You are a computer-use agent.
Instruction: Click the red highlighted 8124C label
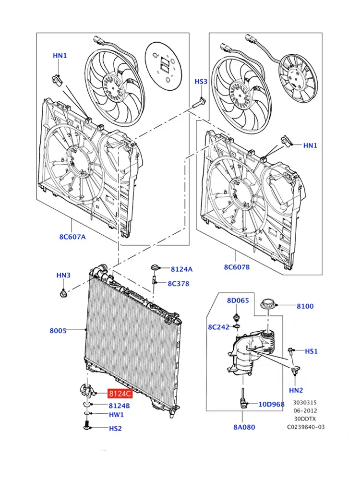(x=120, y=394)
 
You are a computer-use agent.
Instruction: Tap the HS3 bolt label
(x=201, y=82)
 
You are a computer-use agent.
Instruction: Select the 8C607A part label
(x=72, y=237)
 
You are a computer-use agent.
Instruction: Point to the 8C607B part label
(x=237, y=267)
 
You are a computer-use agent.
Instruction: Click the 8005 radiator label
(x=58, y=331)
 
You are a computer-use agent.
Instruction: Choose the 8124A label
(x=181, y=269)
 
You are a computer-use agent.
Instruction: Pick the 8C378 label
(x=179, y=284)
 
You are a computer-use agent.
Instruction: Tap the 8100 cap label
(x=305, y=306)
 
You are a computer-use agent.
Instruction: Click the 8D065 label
(x=238, y=300)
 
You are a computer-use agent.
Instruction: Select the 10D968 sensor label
(x=272, y=404)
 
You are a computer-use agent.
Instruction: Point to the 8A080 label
(x=244, y=427)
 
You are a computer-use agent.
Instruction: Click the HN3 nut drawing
(x=63, y=294)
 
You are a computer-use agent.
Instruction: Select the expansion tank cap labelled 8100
(x=268, y=305)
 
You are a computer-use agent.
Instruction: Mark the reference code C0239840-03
(x=306, y=427)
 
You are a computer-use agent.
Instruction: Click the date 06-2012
(x=305, y=410)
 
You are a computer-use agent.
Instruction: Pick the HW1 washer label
(x=116, y=415)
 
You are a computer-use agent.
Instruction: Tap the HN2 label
(x=296, y=390)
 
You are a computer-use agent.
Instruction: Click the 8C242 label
(x=218, y=327)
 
